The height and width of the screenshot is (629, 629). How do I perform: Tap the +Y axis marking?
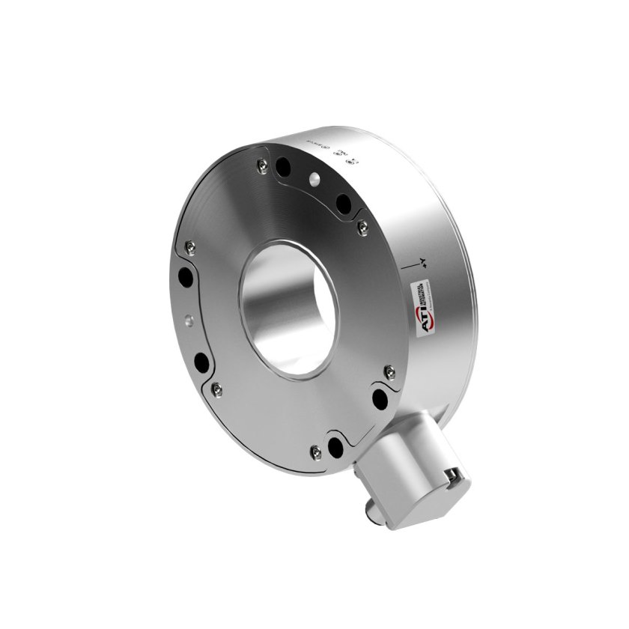coord(423,261)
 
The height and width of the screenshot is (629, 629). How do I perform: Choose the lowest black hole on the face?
coord(335,447)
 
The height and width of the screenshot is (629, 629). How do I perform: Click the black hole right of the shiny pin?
coord(344,203)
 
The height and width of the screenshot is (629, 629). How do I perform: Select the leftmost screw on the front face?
coord(189,246)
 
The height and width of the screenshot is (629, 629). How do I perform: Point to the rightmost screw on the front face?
coord(389,371)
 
